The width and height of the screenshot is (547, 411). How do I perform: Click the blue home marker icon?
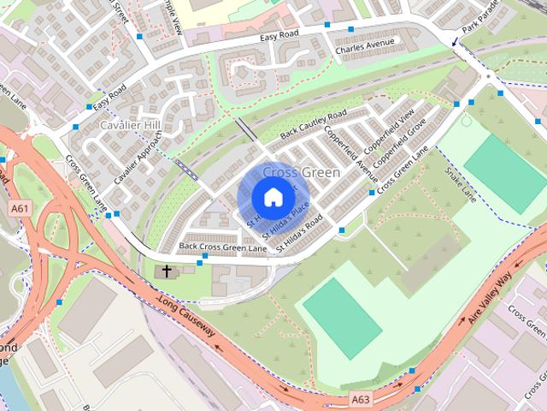[273, 197]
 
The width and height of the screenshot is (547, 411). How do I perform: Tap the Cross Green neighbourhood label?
[301, 172]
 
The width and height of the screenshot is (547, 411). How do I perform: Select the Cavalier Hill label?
[130, 126]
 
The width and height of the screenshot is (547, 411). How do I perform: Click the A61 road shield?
[19, 208]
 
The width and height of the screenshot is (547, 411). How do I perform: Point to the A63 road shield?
[362, 399]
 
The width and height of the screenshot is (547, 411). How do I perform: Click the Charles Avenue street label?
[365, 42]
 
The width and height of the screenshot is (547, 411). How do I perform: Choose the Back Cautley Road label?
[313, 126]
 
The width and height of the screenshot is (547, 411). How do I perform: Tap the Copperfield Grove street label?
[399, 143]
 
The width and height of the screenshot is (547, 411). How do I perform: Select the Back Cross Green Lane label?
[222, 247]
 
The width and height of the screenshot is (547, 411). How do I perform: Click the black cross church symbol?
[166, 271]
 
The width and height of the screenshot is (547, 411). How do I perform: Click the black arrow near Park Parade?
[455, 40]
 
